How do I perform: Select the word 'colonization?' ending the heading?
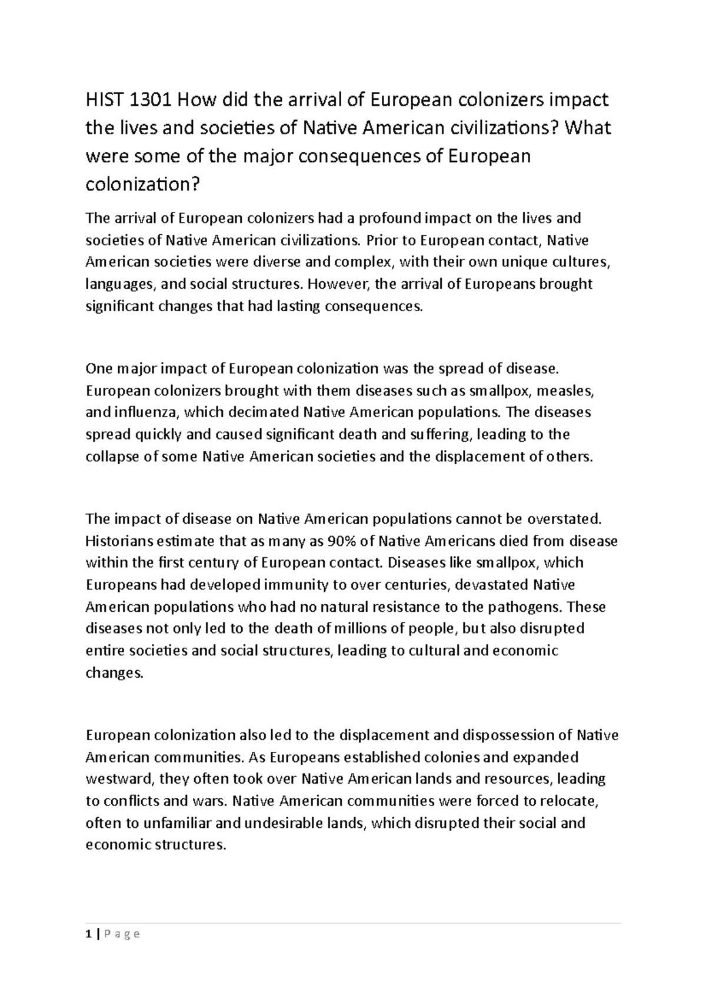coord(143,185)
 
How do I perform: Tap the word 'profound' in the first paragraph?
coord(385,218)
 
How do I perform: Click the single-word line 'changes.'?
coord(114,672)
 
